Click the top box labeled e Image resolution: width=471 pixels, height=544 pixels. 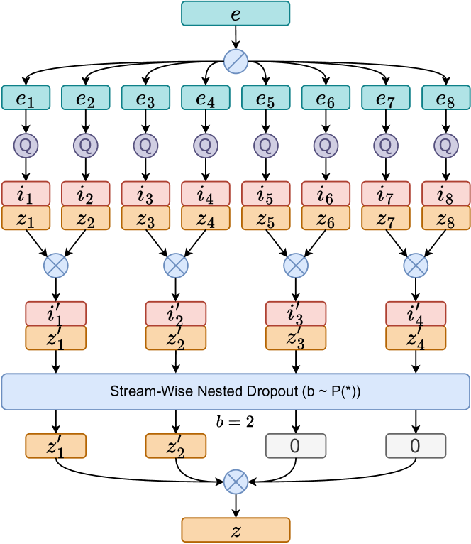(x=236, y=13)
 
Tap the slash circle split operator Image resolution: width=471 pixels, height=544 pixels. (x=236, y=62)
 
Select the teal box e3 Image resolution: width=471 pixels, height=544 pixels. (x=145, y=98)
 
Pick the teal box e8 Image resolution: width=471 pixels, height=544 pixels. (x=445, y=98)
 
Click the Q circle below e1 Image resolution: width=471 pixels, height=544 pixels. (x=26, y=146)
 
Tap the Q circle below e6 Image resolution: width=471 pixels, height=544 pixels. (x=326, y=146)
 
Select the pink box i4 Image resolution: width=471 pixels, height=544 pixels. (x=206, y=194)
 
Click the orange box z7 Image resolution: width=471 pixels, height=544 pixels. (x=386, y=218)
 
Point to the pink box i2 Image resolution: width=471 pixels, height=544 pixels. (x=86, y=194)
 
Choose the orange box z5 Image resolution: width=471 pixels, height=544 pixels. (x=266, y=218)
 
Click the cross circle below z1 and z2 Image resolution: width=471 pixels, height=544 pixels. (x=56, y=266)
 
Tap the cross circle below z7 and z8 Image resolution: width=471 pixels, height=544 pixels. (x=416, y=266)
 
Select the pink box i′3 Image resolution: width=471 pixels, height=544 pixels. (x=296, y=314)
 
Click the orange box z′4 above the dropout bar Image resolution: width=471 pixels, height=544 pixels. (x=416, y=338)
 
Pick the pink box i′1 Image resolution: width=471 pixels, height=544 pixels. (x=56, y=314)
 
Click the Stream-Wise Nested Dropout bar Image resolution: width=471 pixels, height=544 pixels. (x=236, y=391)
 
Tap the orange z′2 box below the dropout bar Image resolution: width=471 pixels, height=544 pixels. (x=176, y=446)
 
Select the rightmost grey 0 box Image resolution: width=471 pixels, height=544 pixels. (x=416, y=446)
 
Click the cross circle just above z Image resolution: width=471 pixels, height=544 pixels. (x=236, y=483)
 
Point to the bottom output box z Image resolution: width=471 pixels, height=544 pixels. (x=236, y=530)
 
